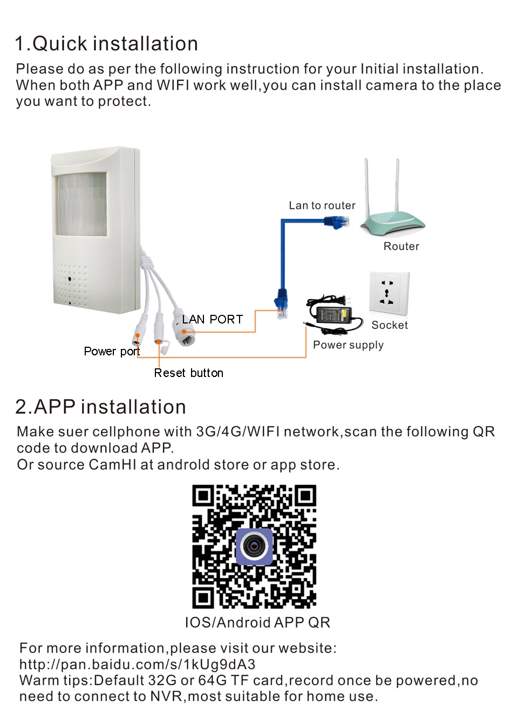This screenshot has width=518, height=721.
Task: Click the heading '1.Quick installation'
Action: click(x=106, y=44)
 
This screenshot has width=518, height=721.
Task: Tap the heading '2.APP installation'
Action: click(x=101, y=407)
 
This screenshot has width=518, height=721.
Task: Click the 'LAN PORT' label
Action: click(x=212, y=319)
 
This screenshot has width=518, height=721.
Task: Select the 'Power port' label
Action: click(x=112, y=352)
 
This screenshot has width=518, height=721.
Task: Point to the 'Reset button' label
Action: click(x=188, y=373)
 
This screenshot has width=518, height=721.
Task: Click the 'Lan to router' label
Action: click(x=322, y=205)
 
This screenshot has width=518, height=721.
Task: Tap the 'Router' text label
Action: click(x=401, y=246)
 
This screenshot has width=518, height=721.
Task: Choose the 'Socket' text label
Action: click(x=390, y=325)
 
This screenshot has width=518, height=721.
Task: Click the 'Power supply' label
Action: click(x=348, y=345)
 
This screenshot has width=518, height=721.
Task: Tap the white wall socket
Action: click(x=389, y=292)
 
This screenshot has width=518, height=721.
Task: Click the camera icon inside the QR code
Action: click(x=255, y=547)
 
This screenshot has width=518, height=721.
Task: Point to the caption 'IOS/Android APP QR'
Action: click(x=257, y=623)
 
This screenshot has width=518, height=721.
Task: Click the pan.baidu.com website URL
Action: click(x=137, y=664)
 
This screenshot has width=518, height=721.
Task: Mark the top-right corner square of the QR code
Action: click(x=305, y=495)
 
